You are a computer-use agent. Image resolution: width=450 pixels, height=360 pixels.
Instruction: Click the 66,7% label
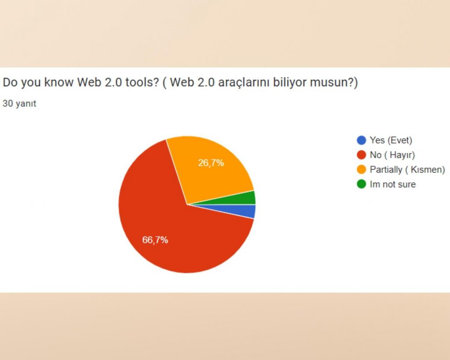[155, 240]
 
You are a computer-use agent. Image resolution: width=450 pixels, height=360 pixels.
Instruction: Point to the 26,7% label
[211, 163]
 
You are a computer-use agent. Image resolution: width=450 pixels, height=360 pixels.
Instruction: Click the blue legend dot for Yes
[361, 140]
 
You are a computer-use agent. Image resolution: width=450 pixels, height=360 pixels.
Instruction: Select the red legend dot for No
[361, 155]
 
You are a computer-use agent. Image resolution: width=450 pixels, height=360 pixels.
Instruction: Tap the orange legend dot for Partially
[361, 170]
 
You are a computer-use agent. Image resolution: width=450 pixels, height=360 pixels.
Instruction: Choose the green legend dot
[361, 184]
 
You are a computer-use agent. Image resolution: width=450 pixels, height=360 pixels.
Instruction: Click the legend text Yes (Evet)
[391, 140]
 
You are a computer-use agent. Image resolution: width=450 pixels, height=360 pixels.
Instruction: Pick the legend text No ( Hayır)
[392, 155]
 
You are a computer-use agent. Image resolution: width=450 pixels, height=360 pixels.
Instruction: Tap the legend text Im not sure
[392, 184]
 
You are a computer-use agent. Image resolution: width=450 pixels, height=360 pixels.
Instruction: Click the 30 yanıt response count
[19, 104]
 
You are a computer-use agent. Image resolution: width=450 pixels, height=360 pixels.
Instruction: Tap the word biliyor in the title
[294, 83]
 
